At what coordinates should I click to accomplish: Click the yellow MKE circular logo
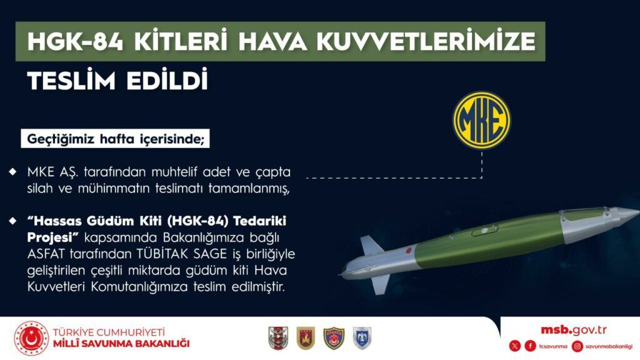[x=482, y=121]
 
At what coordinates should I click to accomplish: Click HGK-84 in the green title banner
[x=75, y=41]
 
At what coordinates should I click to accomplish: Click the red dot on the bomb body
[x=407, y=250]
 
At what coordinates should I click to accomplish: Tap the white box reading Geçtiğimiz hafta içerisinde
[x=115, y=139]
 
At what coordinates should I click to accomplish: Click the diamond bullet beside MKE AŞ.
[x=13, y=172]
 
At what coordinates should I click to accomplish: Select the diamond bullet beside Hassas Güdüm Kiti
[x=13, y=221]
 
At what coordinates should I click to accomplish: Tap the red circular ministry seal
[x=31, y=338]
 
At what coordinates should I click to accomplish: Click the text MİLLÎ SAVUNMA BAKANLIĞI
[x=121, y=344]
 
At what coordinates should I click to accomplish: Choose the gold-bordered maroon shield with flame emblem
[x=306, y=338]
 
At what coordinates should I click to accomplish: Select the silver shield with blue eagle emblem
[x=362, y=338]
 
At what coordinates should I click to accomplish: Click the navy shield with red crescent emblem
[x=334, y=338]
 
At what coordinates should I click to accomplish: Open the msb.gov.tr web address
[x=574, y=330]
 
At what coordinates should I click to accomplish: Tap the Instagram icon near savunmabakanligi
[x=577, y=346]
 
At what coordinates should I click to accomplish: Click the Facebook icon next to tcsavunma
[x=530, y=346]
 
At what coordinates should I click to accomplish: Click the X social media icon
[x=515, y=346]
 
